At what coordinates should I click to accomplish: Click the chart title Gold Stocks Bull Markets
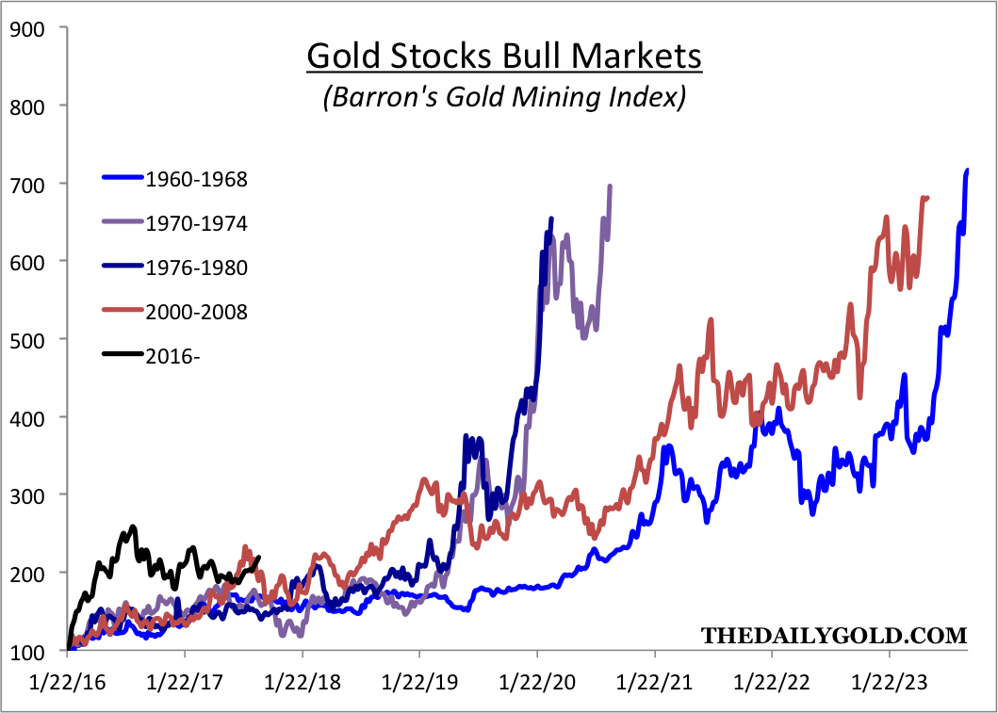[504, 57]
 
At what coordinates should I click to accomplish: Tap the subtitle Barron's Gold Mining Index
[504, 97]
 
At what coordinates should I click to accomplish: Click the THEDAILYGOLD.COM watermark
[834, 636]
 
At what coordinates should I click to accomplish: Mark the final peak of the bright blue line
[967, 170]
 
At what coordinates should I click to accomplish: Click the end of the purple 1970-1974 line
[610, 186]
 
